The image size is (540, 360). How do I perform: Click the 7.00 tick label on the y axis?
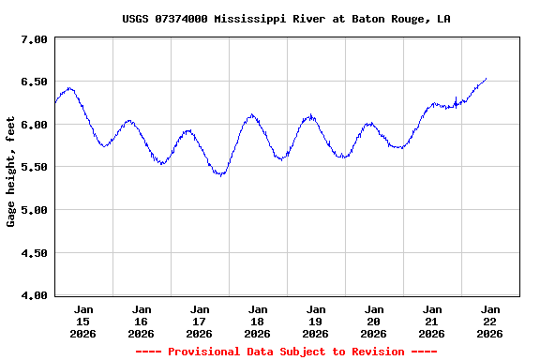tap(35, 39)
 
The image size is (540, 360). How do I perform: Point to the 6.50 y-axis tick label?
tap(35, 82)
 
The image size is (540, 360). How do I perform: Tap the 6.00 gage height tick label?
tap(35, 125)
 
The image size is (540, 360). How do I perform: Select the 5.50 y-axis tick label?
tap(35, 167)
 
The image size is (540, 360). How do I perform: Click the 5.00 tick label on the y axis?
tap(35, 210)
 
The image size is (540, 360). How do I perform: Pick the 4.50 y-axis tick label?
tap(35, 252)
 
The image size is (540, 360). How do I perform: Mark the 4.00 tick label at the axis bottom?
tap(35, 295)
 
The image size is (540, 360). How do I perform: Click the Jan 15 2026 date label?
tap(83, 321)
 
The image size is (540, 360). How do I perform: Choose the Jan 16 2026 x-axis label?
tap(142, 321)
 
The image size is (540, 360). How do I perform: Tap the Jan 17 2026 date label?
tap(200, 321)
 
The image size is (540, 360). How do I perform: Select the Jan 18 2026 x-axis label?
tap(258, 321)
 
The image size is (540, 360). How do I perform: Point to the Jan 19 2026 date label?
tap(316, 321)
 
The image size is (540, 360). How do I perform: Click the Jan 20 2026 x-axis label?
tap(374, 321)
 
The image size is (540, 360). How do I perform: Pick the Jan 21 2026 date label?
tap(432, 321)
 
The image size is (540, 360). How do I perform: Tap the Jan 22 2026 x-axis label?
tap(489, 321)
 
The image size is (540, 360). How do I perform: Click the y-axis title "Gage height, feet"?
tap(11, 177)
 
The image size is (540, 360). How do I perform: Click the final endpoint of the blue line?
tap(487, 79)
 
